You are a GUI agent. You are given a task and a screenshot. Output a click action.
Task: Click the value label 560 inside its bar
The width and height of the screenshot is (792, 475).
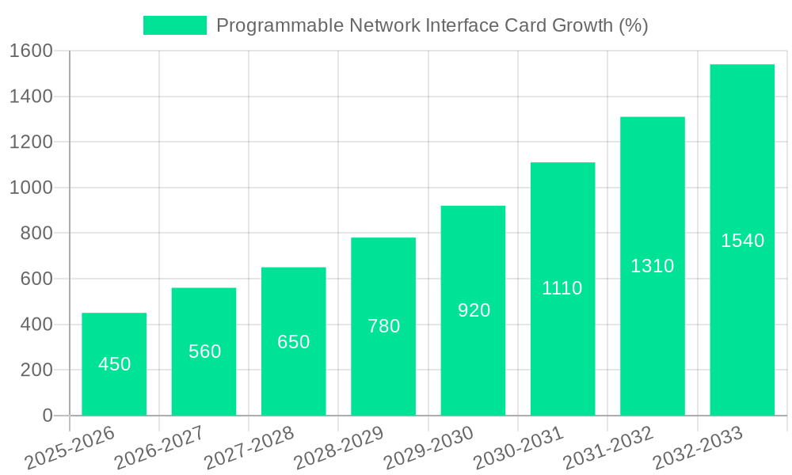tap(204, 351)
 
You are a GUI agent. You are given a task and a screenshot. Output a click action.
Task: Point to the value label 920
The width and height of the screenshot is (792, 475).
tap(474, 310)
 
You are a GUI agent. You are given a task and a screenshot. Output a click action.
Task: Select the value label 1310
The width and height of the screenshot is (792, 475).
tap(652, 266)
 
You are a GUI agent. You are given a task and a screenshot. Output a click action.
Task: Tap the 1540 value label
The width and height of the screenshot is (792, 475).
tap(742, 241)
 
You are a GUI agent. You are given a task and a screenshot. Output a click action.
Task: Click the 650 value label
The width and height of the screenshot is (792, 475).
tap(293, 342)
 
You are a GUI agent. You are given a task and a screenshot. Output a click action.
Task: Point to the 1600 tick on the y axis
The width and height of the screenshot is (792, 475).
tap(31, 51)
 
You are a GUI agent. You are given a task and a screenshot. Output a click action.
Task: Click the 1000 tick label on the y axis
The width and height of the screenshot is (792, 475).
tap(31, 188)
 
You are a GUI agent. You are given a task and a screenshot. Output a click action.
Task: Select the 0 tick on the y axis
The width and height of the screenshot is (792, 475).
tap(47, 416)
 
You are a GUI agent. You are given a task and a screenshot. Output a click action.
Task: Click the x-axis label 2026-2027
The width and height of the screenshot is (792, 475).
tap(159, 448)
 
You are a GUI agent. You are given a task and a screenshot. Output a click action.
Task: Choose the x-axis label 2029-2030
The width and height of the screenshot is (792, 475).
tap(428, 448)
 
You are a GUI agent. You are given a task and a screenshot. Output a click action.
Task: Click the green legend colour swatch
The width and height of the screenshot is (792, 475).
tap(174, 25)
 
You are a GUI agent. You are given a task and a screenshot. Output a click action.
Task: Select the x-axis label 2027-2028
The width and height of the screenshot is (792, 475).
tap(249, 448)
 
